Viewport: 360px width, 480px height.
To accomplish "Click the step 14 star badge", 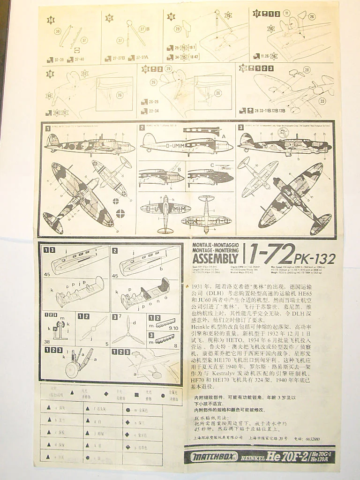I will pos(51,20).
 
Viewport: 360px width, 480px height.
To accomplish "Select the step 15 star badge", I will pos(110,18).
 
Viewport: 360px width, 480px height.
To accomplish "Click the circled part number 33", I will pos(322,101).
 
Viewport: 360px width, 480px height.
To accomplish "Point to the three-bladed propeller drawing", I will pos(127,333).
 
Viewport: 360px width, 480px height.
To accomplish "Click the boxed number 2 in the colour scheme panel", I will pos(142,127).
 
